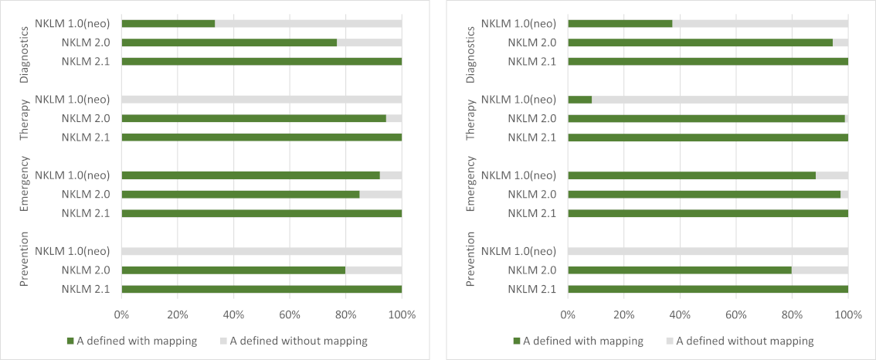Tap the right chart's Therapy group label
tap(470, 118)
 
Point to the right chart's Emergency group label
tap(470, 194)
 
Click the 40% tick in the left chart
tap(233, 315)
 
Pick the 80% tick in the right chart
tap(792, 315)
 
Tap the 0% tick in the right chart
tap(568, 315)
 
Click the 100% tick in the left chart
tap(402, 315)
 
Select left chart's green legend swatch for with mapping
tap(71, 341)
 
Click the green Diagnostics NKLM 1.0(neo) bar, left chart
tap(168, 23)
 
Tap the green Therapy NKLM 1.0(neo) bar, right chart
tap(579, 100)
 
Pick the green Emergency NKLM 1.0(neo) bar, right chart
tap(691, 175)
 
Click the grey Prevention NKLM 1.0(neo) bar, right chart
tap(708, 251)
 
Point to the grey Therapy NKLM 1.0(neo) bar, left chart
tap(261, 100)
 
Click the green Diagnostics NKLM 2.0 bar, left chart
tap(229, 42)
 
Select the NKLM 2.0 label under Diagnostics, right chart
tap(532, 42)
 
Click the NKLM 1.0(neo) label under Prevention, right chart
tap(518, 251)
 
